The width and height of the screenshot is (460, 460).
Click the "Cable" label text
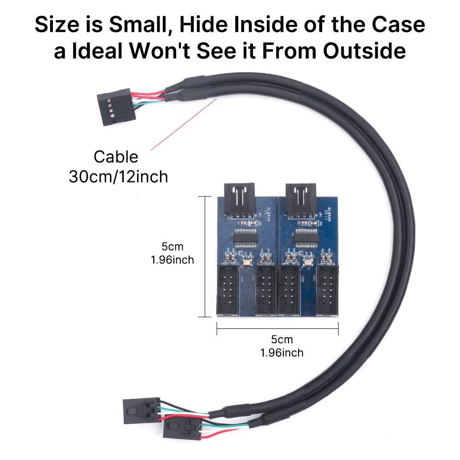(x=115, y=157)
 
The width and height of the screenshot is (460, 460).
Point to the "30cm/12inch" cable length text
(x=118, y=176)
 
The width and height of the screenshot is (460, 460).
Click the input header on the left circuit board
(x=238, y=199)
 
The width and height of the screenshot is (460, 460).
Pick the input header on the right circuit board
(x=300, y=199)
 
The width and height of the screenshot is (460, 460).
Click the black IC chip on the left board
(x=242, y=238)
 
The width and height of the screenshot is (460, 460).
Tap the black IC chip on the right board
(x=304, y=238)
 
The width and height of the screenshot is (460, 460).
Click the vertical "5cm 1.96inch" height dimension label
(x=172, y=253)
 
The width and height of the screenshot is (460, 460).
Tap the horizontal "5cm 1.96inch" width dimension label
(x=282, y=346)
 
